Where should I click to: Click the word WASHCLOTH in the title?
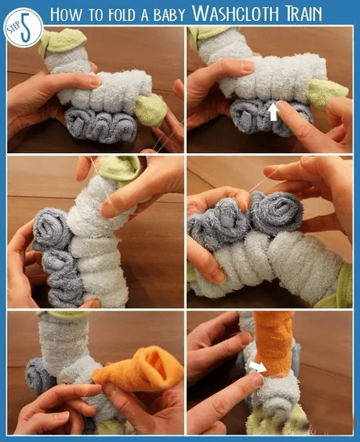pyautogui.click(x=236, y=13)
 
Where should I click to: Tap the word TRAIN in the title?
pyautogui.click(x=304, y=13)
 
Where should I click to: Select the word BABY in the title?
pyautogui.click(x=169, y=15)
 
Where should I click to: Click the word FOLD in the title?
pyautogui.click(x=122, y=15)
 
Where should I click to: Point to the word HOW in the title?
pyautogui.click(x=66, y=14)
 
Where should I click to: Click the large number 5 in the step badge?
pyautogui.click(x=26, y=30)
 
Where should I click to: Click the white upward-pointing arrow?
pyautogui.click(x=273, y=112)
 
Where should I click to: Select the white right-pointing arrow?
pyautogui.click(x=258, y=367)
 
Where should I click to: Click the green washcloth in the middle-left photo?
pyautogui.click(x=121, y=169)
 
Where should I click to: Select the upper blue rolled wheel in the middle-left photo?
pyautogui.click(x=52, y=229)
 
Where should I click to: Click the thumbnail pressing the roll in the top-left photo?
pyautogui.click(x=95, y=81)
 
